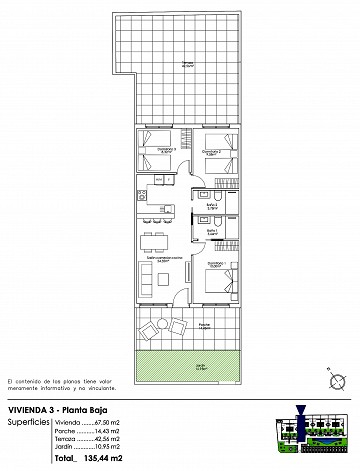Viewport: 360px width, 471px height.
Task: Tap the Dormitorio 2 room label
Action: tap(211, 151)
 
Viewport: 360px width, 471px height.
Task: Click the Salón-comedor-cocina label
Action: tap(162, 258)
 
